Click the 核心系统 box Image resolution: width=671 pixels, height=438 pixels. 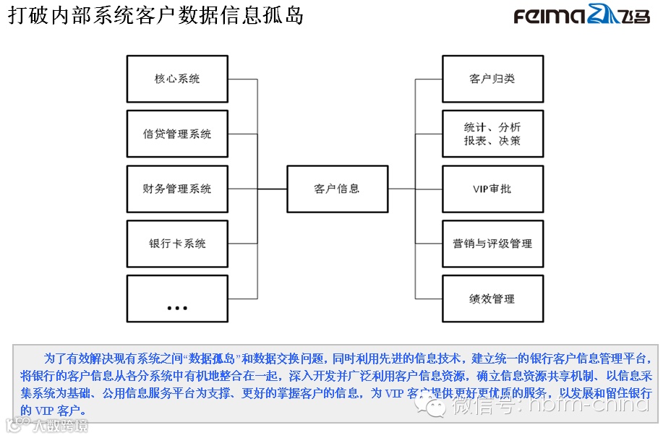click(177, 78)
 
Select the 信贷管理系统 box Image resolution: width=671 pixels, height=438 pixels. click(177, 134)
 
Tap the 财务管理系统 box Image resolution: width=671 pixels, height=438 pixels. click(177, 189)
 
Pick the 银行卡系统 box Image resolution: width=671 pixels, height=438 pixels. click(177, 244)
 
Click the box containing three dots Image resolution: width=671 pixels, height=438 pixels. click(177, 299)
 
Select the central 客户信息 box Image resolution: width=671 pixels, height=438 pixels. click(337, 189)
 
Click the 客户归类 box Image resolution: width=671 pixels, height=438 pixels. click(492, 78)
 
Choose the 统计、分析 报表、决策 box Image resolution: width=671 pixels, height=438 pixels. click(492, 134)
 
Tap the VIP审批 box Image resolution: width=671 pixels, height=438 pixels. click(492, 189)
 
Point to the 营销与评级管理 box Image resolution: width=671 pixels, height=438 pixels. click(492, 244)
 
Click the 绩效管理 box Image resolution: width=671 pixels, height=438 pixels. click(492, 299)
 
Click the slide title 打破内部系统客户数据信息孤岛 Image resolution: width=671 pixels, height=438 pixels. click(155, 15)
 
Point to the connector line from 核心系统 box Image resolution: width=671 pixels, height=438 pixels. click(243, 79)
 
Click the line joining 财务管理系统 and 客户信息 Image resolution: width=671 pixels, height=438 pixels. click(272, 189)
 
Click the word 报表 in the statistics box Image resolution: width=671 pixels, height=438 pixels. click(475, 141)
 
